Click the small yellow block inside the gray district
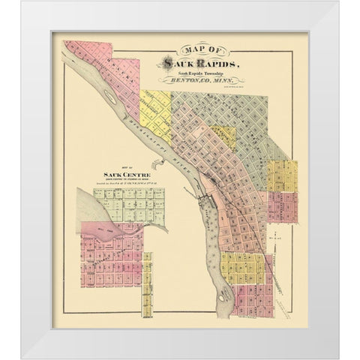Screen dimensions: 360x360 point(220,136)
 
